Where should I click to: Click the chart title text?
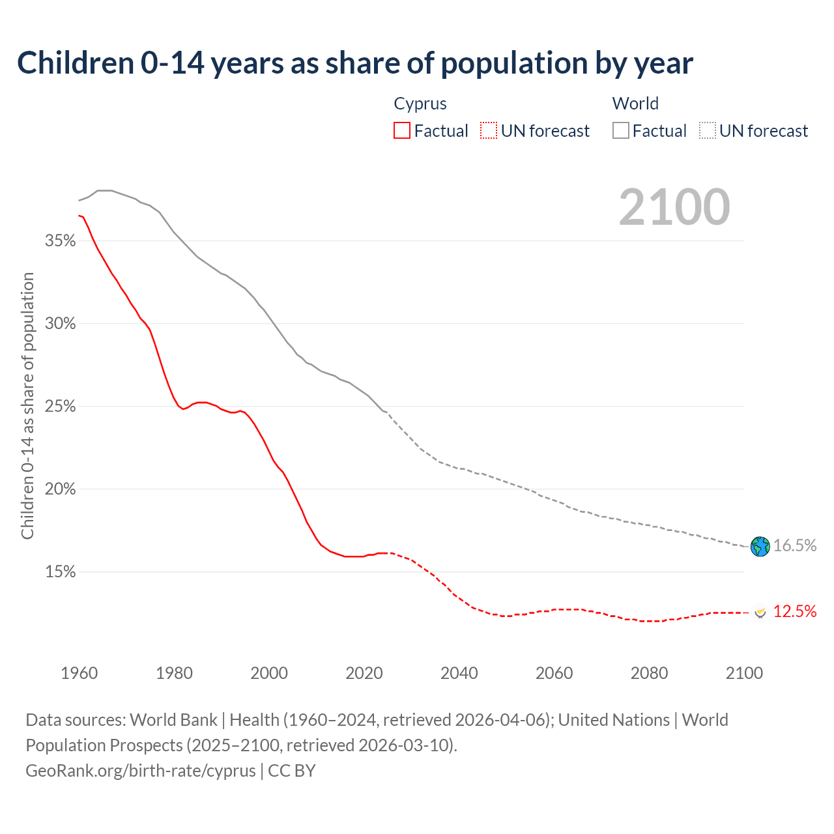[x=355, y=63]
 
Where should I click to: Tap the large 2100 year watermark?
[x=674, y=207]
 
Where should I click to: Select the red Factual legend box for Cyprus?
[x=402, y=131]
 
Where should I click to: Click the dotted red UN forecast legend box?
[x=489, y=131]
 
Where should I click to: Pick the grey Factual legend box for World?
[x=621, y=131]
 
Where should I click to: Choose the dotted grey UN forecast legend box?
[x=708, y=131]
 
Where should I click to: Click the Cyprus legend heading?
[x=420, y=104]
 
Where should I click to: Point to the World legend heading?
[x=635, y=104]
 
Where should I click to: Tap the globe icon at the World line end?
[x=760, y=546]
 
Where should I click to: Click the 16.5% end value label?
[x=795, y=546]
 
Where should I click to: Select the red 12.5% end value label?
[x=795, y=611]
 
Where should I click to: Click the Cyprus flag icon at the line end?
[x=760, y=612]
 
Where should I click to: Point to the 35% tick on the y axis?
[x=60, y=241]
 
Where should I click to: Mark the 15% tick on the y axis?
[x=60, y=572]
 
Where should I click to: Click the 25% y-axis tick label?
[x=60, y=407]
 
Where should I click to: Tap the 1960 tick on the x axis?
[x=79, y=673]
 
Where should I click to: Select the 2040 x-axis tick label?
[x=459, y=673]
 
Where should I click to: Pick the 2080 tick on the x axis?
[x=649, y=673]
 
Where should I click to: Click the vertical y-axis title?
[x=27, y=406]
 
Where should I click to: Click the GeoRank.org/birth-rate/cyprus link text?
[x=141, y=771]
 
